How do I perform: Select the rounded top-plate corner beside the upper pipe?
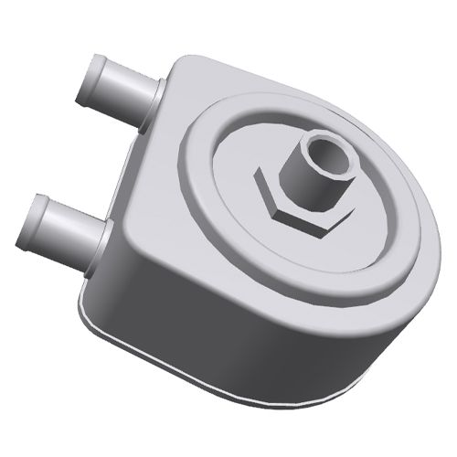(x=183, y=69)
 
